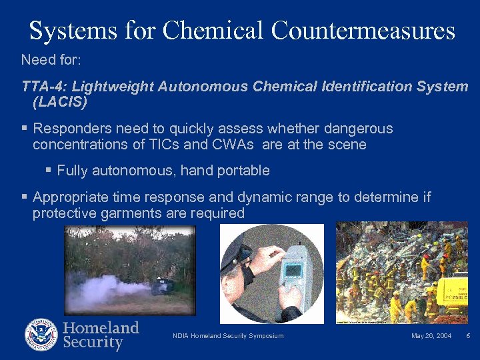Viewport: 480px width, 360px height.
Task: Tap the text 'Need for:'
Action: coord(51,60)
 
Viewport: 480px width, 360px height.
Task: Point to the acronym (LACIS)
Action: coord(59,103)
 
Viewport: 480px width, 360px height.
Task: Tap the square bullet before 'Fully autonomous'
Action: coord(48,171)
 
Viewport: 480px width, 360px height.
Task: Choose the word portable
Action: coord(241,171)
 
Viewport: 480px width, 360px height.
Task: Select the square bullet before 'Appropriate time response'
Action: coord(25,197)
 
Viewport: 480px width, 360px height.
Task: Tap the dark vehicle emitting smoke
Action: coord(163,286)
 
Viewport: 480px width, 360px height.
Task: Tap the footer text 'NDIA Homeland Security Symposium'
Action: coord(228,335)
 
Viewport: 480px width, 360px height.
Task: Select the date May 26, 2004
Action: coord(431,335)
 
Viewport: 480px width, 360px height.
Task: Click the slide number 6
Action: coord(468,335)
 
